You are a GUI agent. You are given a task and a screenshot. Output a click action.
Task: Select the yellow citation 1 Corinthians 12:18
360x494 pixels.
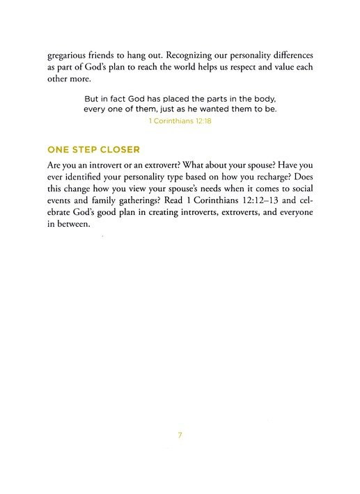coord(180,120)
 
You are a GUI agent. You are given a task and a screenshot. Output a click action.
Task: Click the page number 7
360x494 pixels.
coord(180,436)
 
